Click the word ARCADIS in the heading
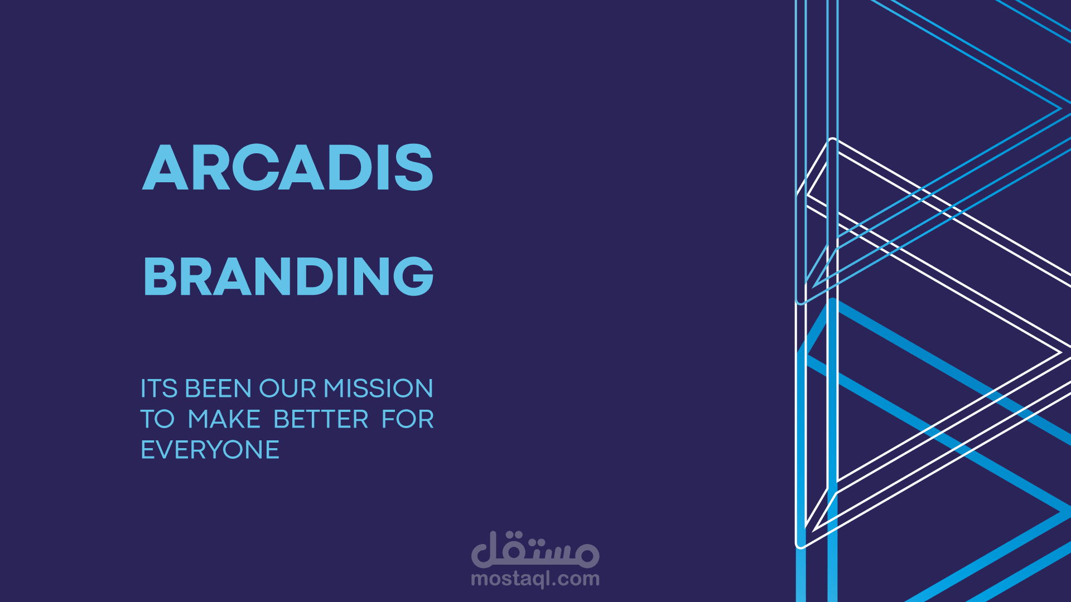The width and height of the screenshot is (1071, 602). pyautogui.click(x=287, y=167)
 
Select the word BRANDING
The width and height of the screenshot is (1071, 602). pyautogui.click(x=288, y=276)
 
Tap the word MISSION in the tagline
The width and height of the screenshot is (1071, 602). pyautogui.click(x=378, y=389)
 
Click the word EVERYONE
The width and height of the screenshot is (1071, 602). pyautogui.click(x=210, y=450)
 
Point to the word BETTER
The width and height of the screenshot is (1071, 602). pyautogui.click(x=321, y=419)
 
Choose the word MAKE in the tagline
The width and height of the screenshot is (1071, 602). pyautogui.click(x=224, y=419)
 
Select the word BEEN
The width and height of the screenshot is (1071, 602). pyautogui.click(x=218, y=389)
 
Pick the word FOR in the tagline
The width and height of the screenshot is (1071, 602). pyautogui.click(x=407, y=419)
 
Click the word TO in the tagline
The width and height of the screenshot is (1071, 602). pyautogui.click(x=157, y=419)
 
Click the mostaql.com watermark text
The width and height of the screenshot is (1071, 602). pyautogui.click(x=535, y=579)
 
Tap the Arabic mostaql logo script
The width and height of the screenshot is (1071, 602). pyautogui.click(x=535, y=549)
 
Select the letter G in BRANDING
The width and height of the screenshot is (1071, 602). pyautogui.click(x=413, y=276)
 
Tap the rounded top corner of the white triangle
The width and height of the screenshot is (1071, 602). pyautogui.click(x=832, y=140)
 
